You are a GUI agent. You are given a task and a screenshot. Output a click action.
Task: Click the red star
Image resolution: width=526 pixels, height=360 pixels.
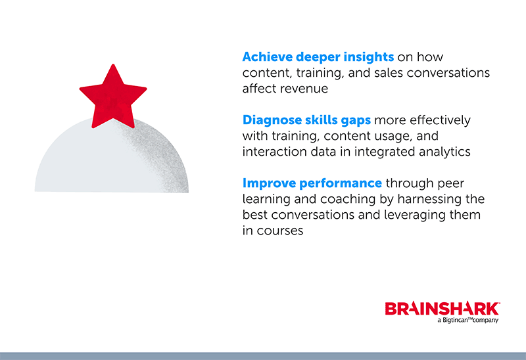113,97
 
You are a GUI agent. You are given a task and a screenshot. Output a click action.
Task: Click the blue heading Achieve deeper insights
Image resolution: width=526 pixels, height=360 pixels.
318,57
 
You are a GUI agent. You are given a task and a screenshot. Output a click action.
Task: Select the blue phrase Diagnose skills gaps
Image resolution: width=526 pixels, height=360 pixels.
306,120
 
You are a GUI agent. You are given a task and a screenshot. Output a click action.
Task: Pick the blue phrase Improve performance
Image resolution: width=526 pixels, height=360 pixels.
312,183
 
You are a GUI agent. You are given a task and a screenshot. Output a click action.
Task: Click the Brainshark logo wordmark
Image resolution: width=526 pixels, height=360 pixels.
442,308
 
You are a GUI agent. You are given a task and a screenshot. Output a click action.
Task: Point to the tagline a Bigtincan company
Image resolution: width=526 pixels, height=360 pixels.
467,320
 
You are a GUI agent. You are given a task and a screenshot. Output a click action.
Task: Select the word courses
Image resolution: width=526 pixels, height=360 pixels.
280,231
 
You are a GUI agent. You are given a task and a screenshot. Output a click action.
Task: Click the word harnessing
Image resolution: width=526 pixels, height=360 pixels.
430,199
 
